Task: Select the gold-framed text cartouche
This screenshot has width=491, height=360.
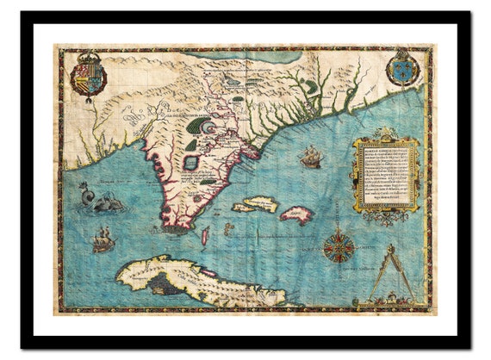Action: [x=386, y=175]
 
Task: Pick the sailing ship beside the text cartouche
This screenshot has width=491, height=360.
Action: [x=311, y=157]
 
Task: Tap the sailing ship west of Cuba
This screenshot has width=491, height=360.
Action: [x=103, y=240]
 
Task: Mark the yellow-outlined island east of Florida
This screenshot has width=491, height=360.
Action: [x=255, y=204]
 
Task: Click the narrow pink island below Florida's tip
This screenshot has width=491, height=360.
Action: [x=205, y=234]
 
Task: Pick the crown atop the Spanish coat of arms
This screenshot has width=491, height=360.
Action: [x=87, y=57]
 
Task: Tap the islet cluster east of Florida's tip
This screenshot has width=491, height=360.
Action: [x=228, y=228]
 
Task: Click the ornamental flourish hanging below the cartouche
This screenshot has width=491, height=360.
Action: [x=386, y=217]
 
